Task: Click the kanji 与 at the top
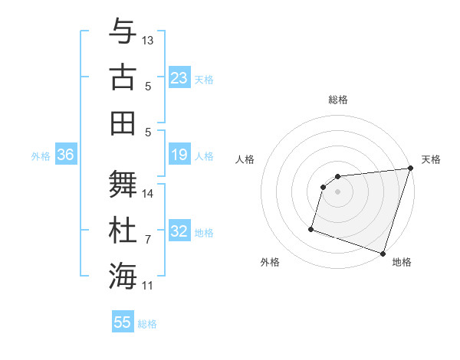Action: coord(123,32)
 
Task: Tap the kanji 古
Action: coord(123,77)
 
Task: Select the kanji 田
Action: coord(123,123)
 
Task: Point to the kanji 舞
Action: coord(123,185)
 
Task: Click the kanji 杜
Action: coord(123,230)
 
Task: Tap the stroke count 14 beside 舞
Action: coord(148,194)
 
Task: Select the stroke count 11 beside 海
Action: coord(148,286)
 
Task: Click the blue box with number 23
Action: coord(179,78)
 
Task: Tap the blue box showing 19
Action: coord(179,155)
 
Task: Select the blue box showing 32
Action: coord(179,231)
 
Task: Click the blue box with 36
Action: coord(66,155)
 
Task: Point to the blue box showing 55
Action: coord(123,322)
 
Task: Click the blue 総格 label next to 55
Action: coord(147,324)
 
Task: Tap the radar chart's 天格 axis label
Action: coord(431,159)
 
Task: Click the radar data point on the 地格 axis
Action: coord(383,253)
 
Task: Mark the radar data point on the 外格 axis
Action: coord(311,228)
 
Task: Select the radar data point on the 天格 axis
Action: coord(410,169)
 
